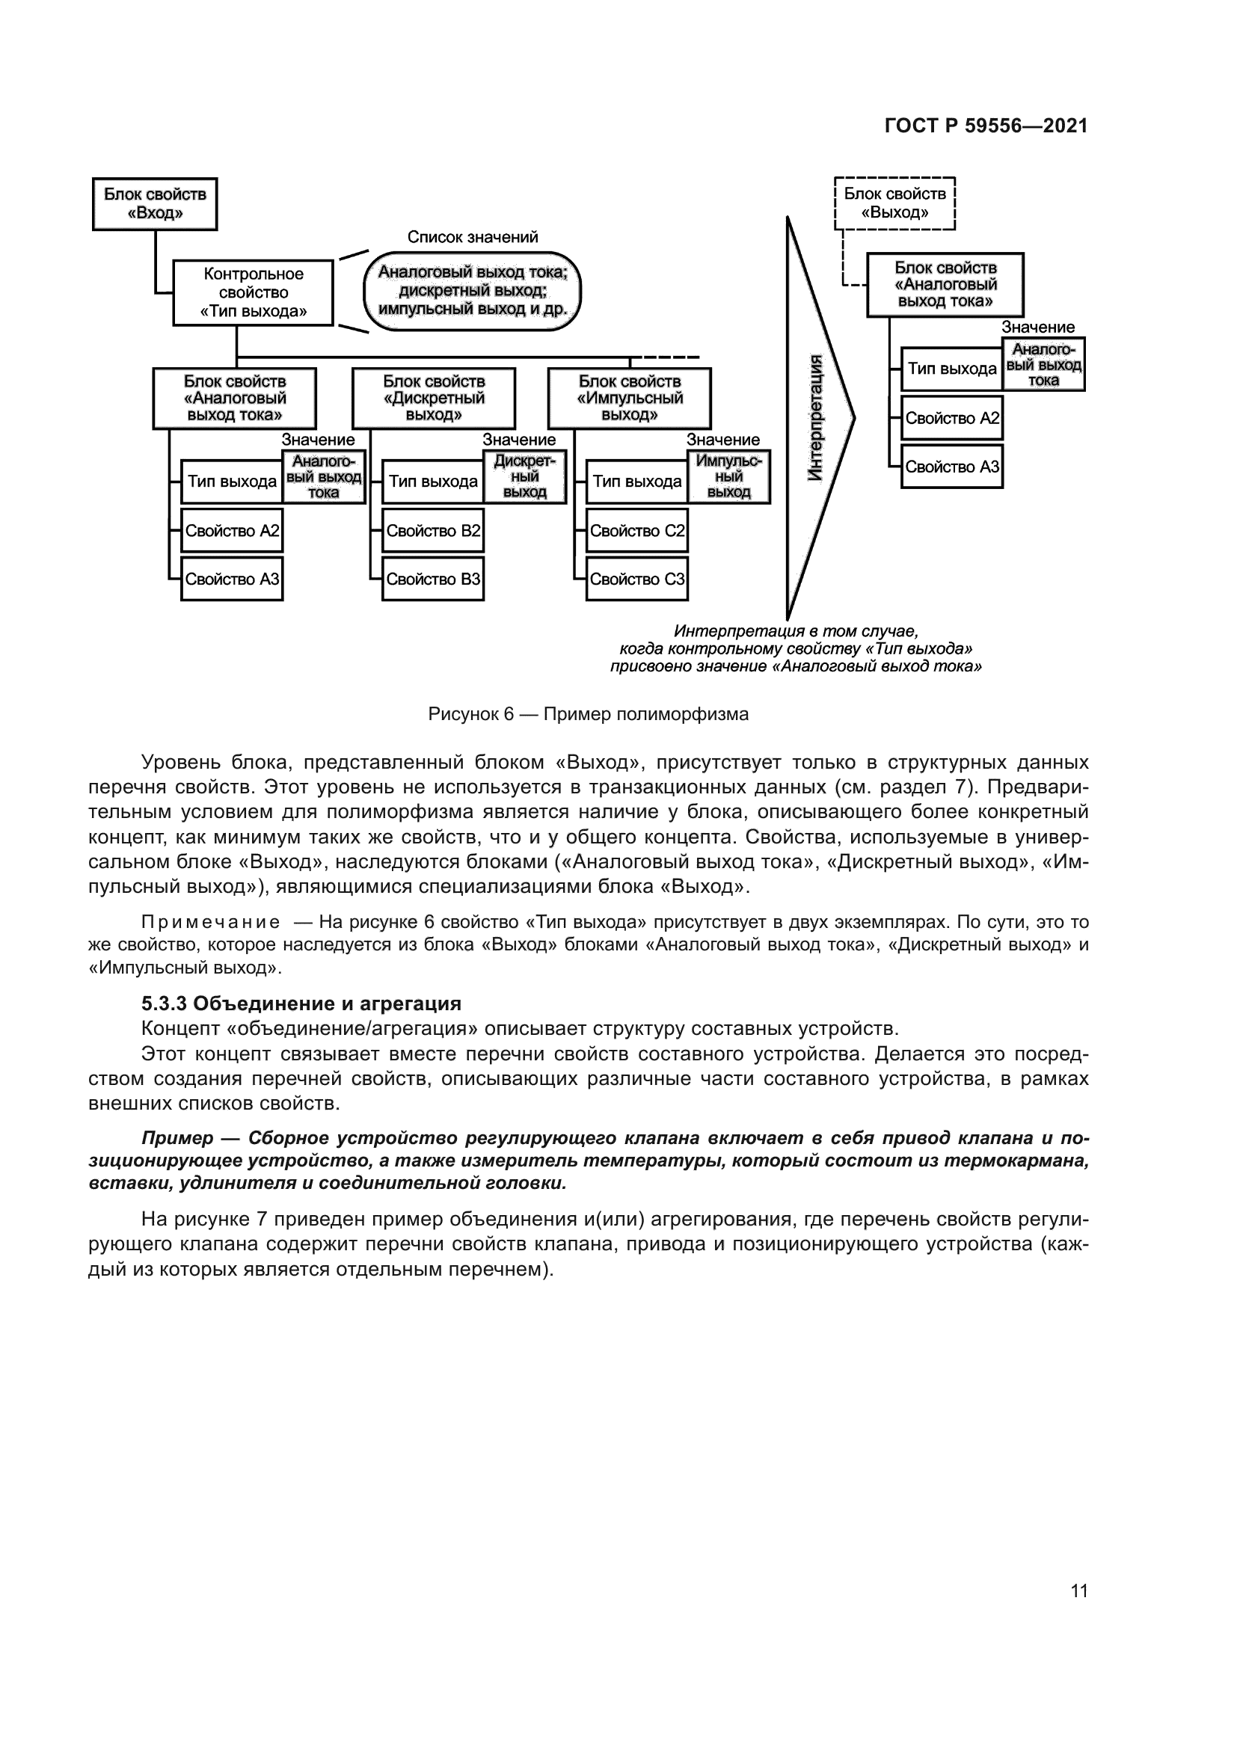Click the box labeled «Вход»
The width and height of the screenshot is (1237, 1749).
(x=155, y=203)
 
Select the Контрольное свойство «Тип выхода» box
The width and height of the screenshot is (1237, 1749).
(x=253, y=292)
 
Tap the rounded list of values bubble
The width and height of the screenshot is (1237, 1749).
(x=472, y=291)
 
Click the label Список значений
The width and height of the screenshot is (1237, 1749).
(x=472, y=237)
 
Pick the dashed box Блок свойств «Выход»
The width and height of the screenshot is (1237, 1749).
(x=895, y=203)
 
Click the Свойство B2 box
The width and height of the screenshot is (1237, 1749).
(x=432, y=531)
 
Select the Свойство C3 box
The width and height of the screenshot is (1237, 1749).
(x=636, y=579)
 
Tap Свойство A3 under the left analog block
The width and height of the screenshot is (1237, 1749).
(x=232, y=579)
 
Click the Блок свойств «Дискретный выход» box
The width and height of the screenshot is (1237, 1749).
(x=434, y=398)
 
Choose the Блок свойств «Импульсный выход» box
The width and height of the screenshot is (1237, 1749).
(x=629, y=398)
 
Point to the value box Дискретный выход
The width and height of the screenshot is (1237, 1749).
(x=525, y=477)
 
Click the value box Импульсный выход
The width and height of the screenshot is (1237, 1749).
(x=729, y=477)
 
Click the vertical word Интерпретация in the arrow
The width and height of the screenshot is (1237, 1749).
(x=815, y=417)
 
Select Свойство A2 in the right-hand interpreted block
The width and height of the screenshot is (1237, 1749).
(x=951, y=418)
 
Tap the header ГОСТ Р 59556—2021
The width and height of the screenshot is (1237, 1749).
(x=986, y=126)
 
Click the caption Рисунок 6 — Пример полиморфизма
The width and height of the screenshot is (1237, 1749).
(x=588, y=714)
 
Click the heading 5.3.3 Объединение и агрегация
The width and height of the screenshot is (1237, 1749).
(x=301, y=1003)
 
